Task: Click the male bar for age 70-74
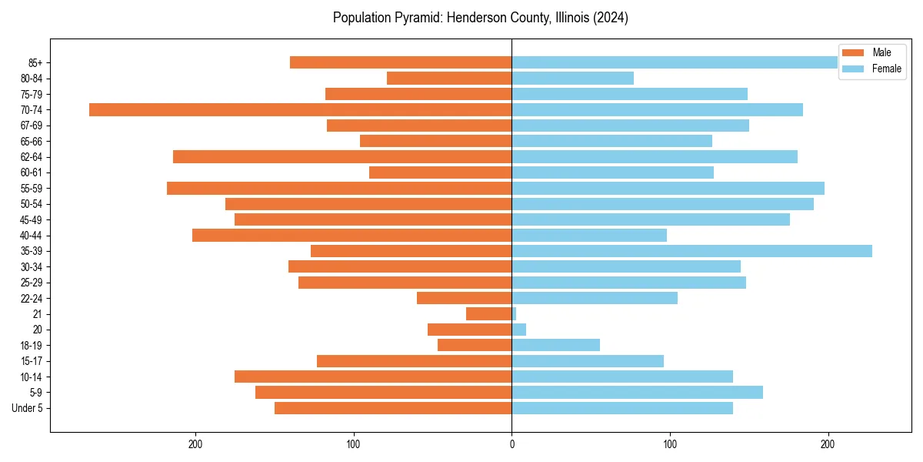click(x=300, y=109)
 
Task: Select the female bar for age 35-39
click(x=691, y=251)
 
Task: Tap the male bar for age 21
click(x=488, y=314)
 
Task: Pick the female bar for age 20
click(x=519, y=330)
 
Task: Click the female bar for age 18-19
click(x=555, y=345)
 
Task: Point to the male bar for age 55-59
click(x=339, y=188)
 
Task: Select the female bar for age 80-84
click(x=572, y=78)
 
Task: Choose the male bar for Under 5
click(x=393, y=408)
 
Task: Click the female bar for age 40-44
click(x=589, y=235)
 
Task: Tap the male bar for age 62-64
click(x=342, y=156)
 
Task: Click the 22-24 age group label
click(x=32, y=298)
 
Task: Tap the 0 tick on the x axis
click(x=511, y=444)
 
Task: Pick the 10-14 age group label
click(x=32, y=377)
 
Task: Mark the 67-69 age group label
click(x=32, y=126)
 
